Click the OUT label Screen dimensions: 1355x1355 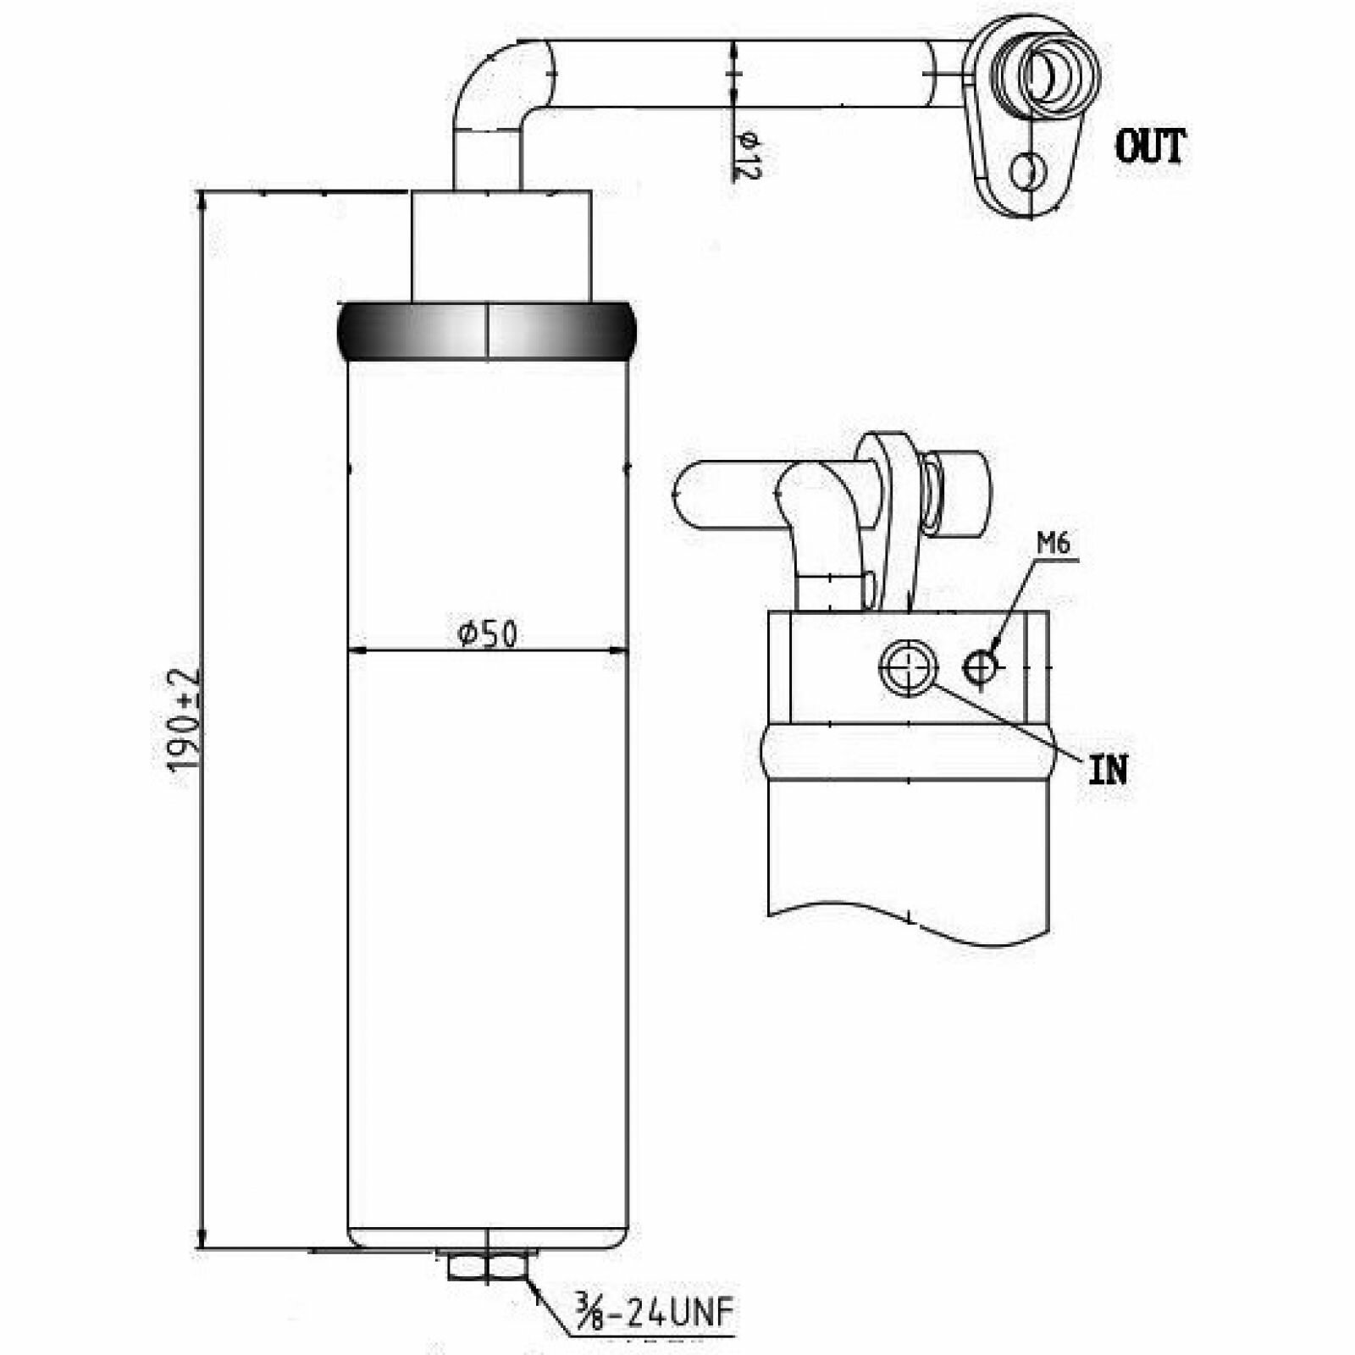1150,147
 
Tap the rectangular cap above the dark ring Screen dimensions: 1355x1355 501,246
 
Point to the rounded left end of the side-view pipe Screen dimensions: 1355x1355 684,495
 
